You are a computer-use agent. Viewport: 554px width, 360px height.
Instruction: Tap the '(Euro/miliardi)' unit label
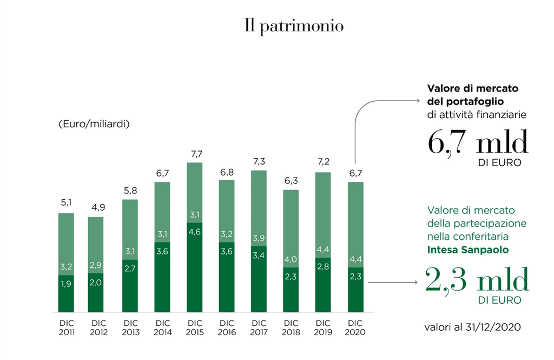(x=93, y=124)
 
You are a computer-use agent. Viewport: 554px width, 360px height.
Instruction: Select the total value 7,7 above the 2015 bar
(x=195, y=154)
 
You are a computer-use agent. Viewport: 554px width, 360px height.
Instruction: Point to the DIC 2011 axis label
(x=66, y=328)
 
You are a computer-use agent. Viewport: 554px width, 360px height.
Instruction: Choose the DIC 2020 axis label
(x=355, y=328)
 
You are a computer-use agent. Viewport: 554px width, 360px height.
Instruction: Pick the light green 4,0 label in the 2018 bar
(x=291, y=259)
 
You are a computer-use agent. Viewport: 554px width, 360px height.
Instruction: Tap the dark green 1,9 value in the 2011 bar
(x=66, y=284)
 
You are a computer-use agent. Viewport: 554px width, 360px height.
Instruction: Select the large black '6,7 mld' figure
(x=478, y=143)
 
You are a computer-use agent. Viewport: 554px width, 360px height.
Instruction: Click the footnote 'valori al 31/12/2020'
(x=471, y=327)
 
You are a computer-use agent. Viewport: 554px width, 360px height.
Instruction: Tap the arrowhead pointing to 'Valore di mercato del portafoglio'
(x=418, y=101)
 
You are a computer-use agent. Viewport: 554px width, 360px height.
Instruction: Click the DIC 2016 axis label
(x=227, y=328)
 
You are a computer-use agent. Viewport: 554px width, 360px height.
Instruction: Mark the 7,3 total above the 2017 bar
(x=259, y=162)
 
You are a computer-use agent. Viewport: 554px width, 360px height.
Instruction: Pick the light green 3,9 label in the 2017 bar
(x=259, y=239)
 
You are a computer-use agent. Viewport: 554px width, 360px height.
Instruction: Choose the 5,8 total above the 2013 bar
(x=130, y=191)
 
